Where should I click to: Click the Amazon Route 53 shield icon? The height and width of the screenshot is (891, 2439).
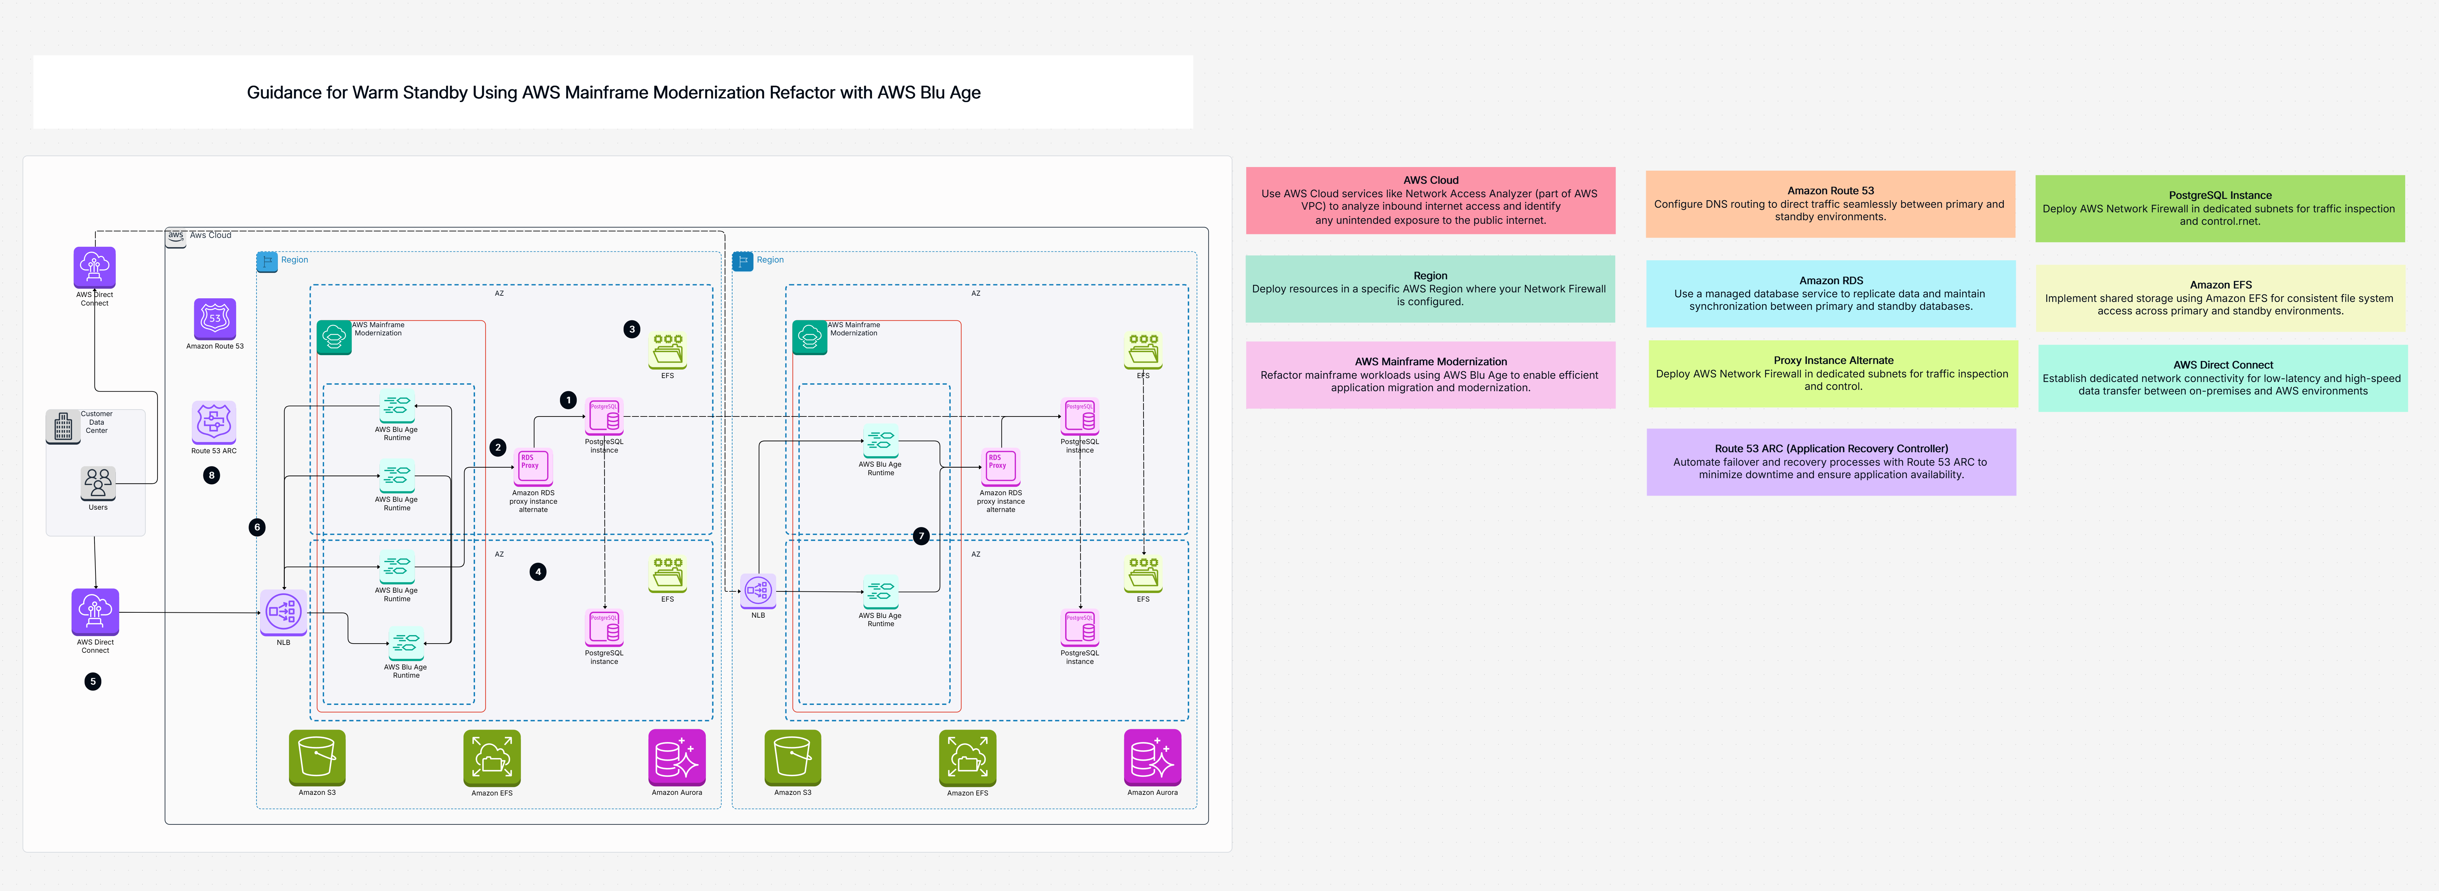(215, 319)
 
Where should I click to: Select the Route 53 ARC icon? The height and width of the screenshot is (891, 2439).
(214, 422)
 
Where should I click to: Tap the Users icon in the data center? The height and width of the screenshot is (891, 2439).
(97, 483)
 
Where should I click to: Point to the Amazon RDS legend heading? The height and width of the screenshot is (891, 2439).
(1830, 280)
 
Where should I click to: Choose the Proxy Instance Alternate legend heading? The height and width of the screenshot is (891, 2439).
(1833, 360)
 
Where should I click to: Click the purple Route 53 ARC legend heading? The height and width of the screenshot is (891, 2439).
(1830, 449)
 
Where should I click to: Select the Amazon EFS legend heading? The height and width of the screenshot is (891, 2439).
(2220, 284)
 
